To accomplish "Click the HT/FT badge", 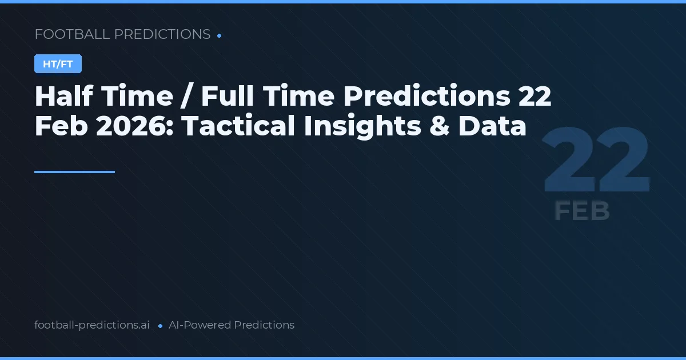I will point(58,64).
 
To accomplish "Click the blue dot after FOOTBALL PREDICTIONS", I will point(220,35).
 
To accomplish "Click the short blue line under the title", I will point(74,171).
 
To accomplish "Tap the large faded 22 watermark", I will point(596,162).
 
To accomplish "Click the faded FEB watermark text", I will point(581,211).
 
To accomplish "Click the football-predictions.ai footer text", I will point(92,325).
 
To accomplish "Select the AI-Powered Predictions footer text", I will point(232,325).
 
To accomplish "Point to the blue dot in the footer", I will point(160,326).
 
